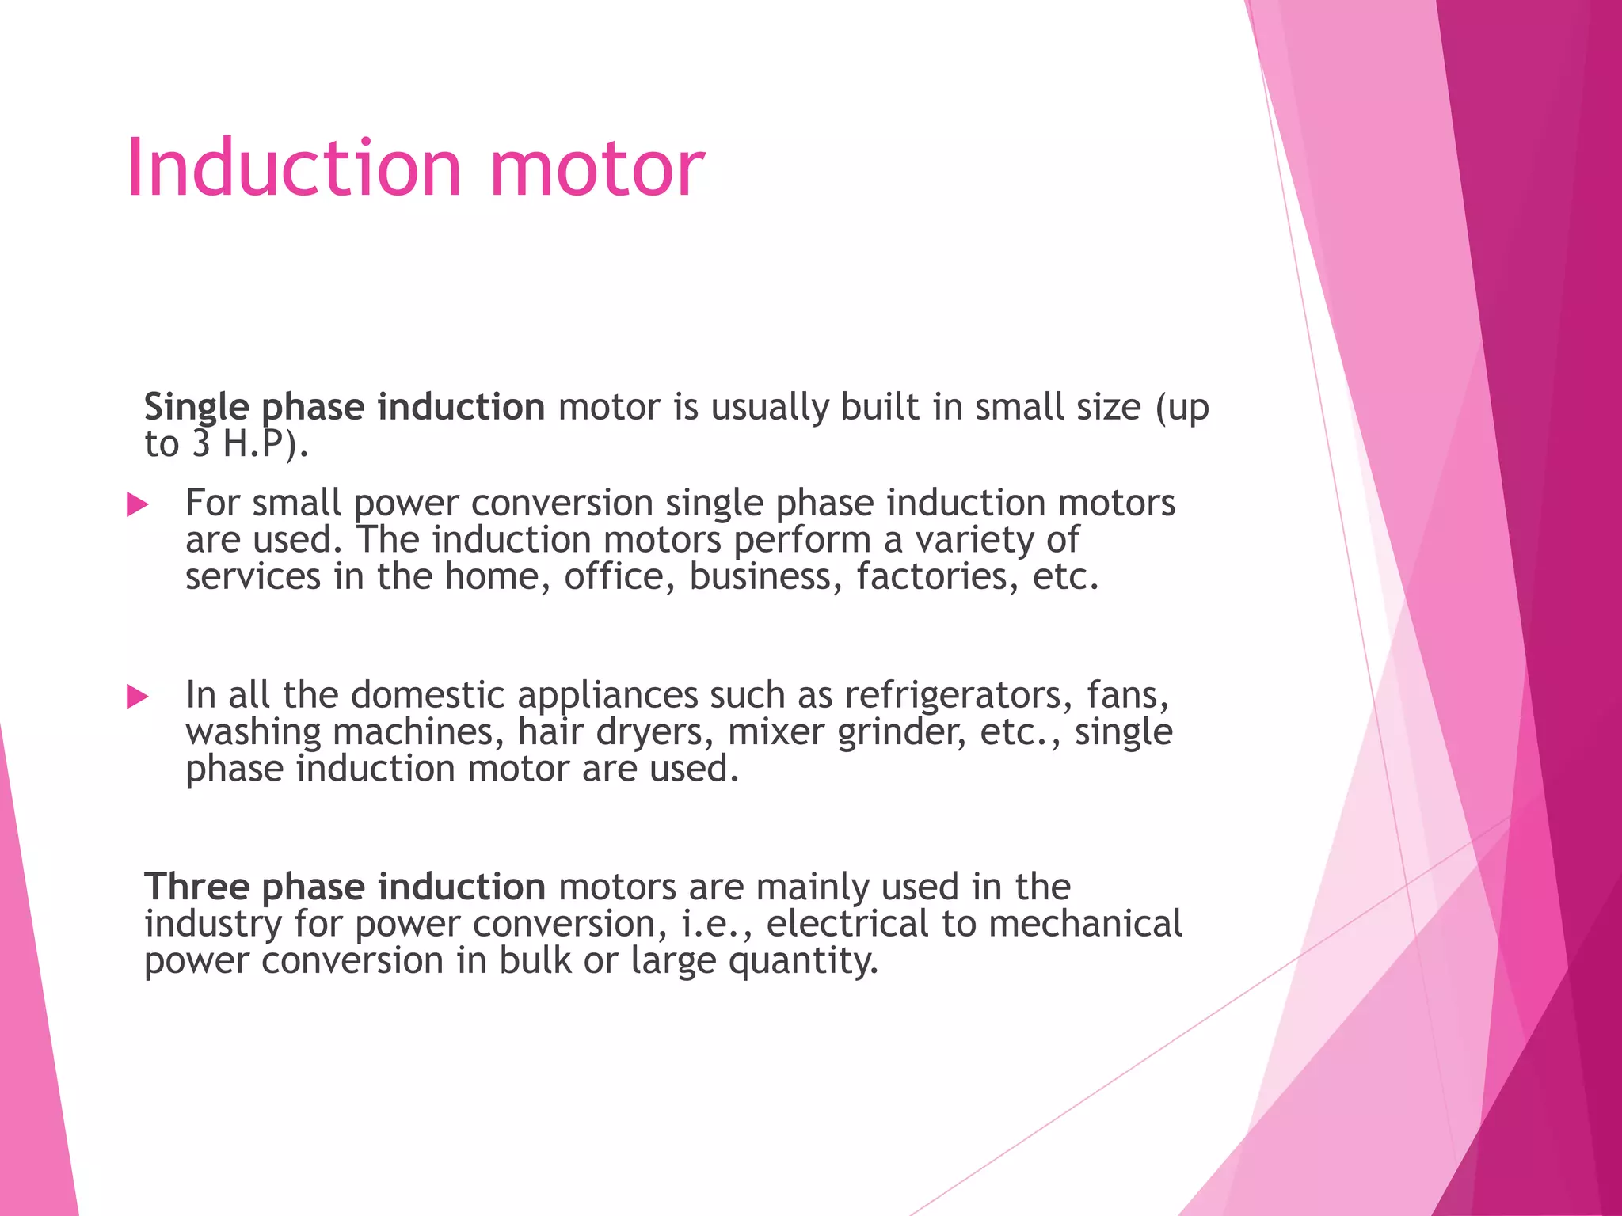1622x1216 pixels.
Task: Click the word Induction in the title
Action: click(293, 168)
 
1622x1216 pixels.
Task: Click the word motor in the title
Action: click(596, 169)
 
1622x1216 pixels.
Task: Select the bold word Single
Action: click(196, 408)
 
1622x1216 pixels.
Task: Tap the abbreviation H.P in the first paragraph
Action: click(253, 444)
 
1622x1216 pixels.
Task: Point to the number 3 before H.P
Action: click(200, 444)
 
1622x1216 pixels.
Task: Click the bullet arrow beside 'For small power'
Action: click(138, 504)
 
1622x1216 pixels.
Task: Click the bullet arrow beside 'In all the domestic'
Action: click(138, 697)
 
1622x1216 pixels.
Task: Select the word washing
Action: click(253, 732)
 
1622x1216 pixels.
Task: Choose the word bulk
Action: click(535, 960)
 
